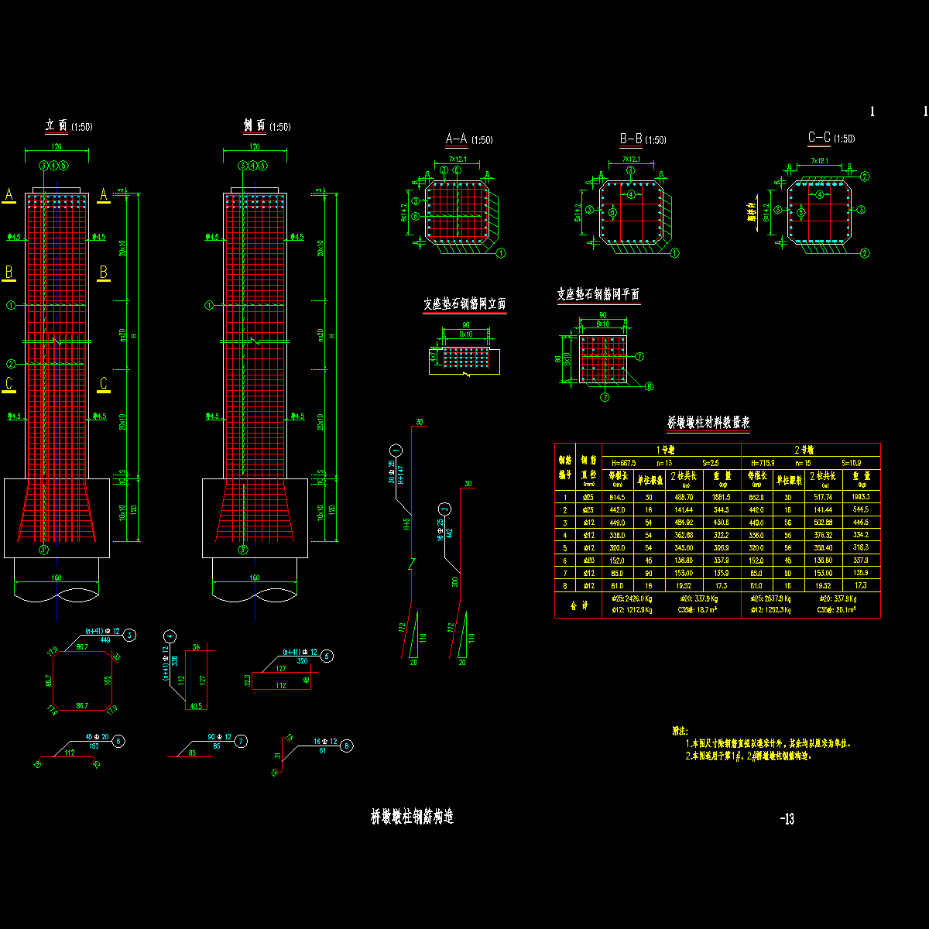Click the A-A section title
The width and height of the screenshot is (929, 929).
pyautogui.click(x=457, y=139)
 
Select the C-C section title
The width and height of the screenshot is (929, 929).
pyautogui.click(x=819, y=138)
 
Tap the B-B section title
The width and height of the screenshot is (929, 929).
pyautogui.click(x=631, y=139)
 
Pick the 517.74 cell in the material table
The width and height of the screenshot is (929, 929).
pyautogui.click(x=821, y=497)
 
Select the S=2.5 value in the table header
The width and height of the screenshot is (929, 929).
pyautogui.click(x=711, y=462)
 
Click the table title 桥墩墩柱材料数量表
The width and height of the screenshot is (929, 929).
pyautogui.click(x=708, y=423)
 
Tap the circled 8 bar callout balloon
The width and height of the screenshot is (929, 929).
pyautogui.click(x=347, y=746)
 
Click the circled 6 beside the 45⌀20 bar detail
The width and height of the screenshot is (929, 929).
pyautogui.click(x=118, y=741)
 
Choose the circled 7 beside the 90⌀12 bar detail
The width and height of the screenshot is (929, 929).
pyautogui.click(x=242, y=741)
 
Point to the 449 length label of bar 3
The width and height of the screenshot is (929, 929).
pyautogui.click(x=106, y=640)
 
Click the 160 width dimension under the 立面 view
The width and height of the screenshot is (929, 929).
pyautogui.click(x=57, y=578)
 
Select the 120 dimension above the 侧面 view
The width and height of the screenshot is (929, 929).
pyautogui.click(x=255, y=146)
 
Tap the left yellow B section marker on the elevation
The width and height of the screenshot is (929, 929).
pyautogui.click(x=9, y=273)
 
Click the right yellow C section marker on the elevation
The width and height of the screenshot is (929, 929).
pyautogui.click(x=104, y=383)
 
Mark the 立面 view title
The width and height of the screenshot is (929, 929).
pyautogui.click(x=57, y=125)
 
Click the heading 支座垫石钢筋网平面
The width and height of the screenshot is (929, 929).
pyautogui.click(x=598, y=294)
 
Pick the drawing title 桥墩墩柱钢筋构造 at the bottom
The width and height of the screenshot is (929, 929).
pyautogui.click(x=412, y=817)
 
